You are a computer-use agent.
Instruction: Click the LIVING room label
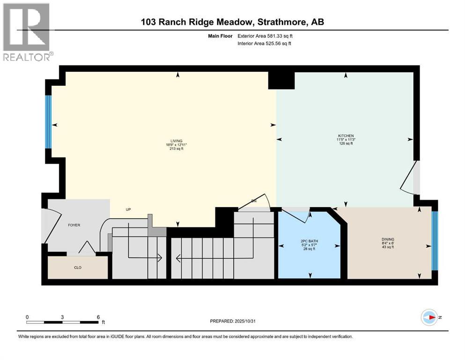pyautogui.click(x=176, y=141)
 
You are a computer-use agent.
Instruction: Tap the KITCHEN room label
pyautogui.click(x=346, y=135)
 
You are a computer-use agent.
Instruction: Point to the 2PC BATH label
pyautogui.click(x=309, y=241)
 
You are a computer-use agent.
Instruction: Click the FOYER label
pyautogui.click(x=74, y=225)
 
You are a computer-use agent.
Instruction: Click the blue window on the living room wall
pyautogui.click(x=48, y=121)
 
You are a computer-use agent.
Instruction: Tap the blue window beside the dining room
pyautogui.click(x=434, y=241)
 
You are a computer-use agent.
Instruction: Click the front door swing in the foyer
pyautogui.click(x=52, y=225)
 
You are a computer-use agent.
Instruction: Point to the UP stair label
pyautogui.click(x=128, y=210)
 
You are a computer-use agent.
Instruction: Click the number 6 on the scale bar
pyautogui.click(x=98, y=317)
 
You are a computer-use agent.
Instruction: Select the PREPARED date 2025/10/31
pyautogui.click(x=249, y=321)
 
